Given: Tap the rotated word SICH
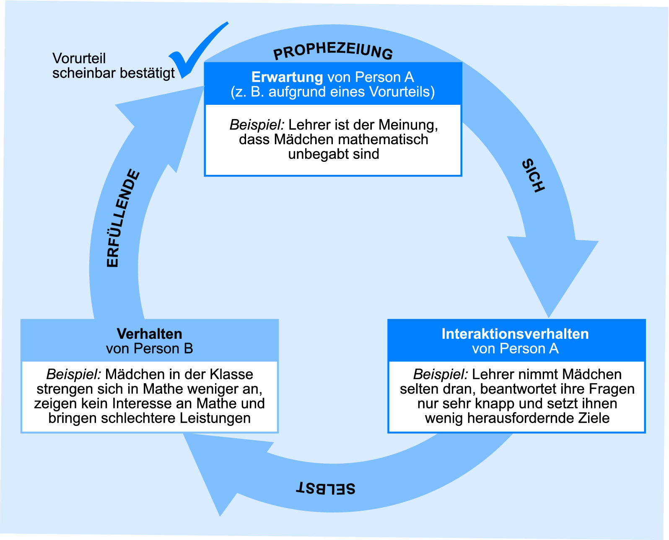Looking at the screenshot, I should click(x=533, y=175).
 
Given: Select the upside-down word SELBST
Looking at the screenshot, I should click(x=326, y=488).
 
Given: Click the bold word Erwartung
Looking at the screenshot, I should click(x=287, y=77).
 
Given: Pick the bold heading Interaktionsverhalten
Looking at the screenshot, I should click(x=515, y=334).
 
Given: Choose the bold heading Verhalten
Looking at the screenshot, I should click(x=150, y=334).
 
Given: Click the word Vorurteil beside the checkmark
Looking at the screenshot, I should click(x=79, y=58).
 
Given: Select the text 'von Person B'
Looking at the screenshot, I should click(x=150, y=349).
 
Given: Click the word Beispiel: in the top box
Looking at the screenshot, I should click(x=257, y=125).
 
